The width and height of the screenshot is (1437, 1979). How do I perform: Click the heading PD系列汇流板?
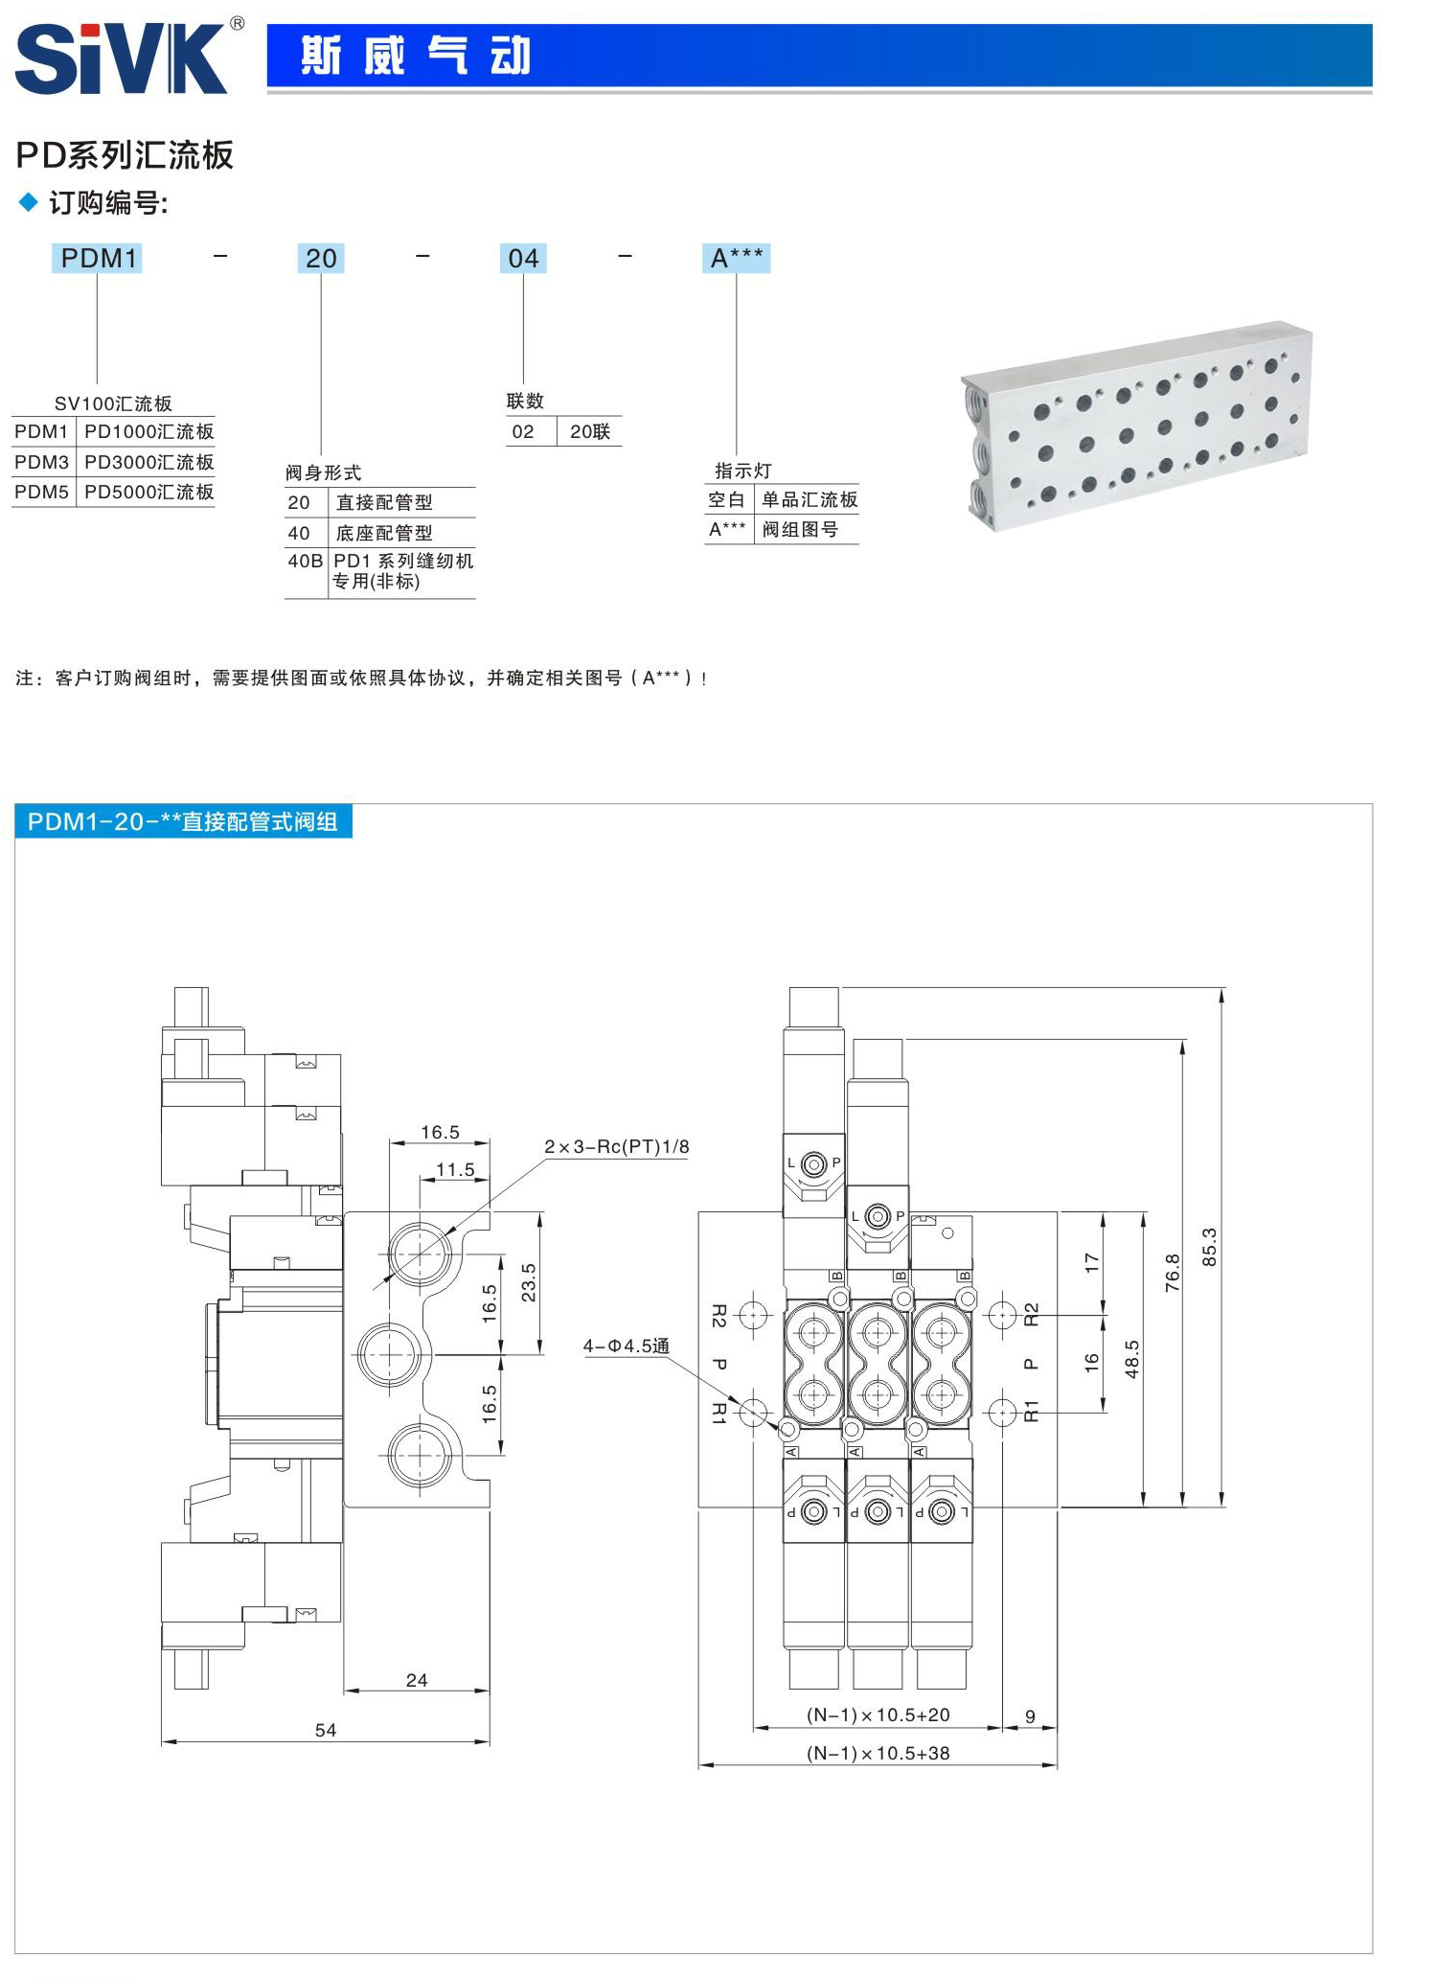[x=125, y=155]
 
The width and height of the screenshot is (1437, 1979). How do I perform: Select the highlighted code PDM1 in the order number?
[x=98, y=258]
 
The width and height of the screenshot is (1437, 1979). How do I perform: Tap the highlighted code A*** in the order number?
[x=736, y=258]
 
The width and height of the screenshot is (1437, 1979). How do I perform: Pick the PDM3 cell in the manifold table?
[x=41, y=462]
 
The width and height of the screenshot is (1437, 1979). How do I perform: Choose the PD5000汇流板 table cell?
[x=148, y=492]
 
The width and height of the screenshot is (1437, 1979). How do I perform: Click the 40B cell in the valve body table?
[x=305, y=561]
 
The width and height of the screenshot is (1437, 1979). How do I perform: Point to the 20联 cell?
[x=589, y=431]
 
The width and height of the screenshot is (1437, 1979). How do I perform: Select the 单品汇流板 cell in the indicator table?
[x=810, y=499]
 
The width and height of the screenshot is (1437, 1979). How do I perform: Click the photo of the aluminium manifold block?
[x=1137, y=426]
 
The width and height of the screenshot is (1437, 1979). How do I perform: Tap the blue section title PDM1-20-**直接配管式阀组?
[x=183, y=821]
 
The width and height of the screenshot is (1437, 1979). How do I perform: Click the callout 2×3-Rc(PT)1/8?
[x=616, y=1146]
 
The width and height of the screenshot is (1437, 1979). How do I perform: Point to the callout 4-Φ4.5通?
[x=627, y=1346]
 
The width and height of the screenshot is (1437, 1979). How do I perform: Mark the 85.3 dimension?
[x=1209, y=1247]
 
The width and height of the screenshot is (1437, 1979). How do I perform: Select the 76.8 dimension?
[x=1172, y=1273]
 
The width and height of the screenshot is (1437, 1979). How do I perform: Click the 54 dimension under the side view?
[x=326, y=1730]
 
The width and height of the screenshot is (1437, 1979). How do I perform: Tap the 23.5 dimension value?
[x=528, y=1282]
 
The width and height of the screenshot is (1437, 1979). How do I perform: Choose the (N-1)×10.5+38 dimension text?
[x=878, y=1753]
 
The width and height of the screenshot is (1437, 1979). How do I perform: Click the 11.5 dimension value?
[x=455, y=1169]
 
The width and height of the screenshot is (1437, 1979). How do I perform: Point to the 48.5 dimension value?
[x=1131, y=1359]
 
